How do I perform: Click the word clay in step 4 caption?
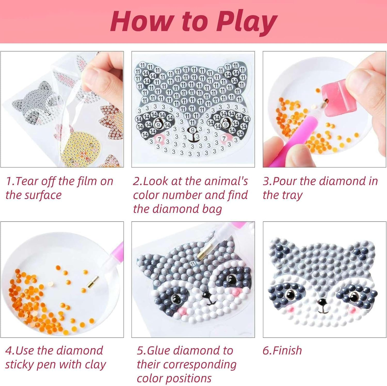point(95,365)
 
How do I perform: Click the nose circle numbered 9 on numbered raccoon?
point(192,130)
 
